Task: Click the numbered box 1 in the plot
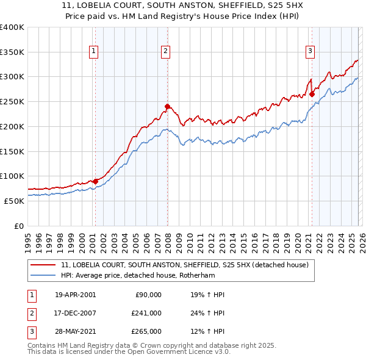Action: [x=94, y=52]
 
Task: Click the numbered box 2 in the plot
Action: [x=166, y=52]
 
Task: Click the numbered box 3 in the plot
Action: [x=310, y=52]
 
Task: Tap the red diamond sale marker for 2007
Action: [x=168, y=106]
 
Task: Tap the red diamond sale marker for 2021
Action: [x=312, y=94]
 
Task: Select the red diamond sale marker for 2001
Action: [x=96, y=181]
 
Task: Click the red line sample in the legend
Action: [x=44, y=265]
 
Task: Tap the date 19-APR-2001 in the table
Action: [x=75, y=295]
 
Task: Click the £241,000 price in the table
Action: [x=147, y=313]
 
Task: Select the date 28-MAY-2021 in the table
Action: [x=75, y=331]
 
